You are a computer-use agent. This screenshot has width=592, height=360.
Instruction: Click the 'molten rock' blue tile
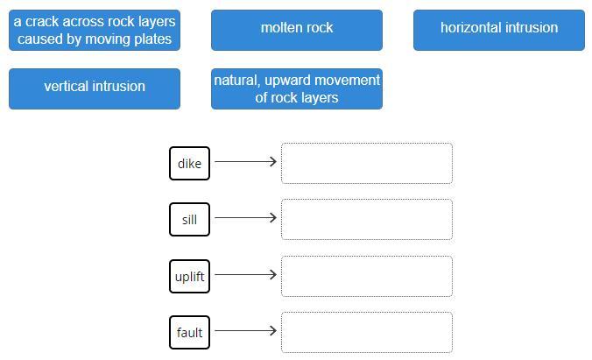click(x=296, y=30)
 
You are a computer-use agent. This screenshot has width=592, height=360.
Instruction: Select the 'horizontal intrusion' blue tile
click(x=498, y=30)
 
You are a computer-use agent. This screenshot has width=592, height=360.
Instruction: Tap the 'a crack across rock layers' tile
click(x=95, y=30)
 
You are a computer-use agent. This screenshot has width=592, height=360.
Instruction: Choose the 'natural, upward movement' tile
click(x=296, y=88)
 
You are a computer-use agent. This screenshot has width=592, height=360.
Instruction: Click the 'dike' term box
click(x=189, y=164)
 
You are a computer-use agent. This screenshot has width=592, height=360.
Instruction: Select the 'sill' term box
click(x=189, y=220)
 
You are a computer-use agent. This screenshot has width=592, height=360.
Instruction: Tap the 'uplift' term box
click(x=189, y=277)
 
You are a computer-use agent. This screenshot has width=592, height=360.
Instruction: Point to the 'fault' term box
click(x=189, y=333)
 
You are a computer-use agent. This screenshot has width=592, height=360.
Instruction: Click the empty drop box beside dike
click(x=366, y=164)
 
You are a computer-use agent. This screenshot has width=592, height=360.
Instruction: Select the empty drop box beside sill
click(x=366, y=220)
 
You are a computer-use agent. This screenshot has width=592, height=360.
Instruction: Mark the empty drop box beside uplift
click(x=366, y=277)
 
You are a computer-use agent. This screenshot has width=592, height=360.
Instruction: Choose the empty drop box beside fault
click(x=366, y=333)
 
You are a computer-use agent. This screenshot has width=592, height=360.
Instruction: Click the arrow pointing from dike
click(x=245, y=161)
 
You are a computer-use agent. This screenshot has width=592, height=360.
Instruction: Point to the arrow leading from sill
click(x=245, y=217)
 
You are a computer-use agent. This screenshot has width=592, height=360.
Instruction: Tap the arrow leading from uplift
click(x=245, y=274)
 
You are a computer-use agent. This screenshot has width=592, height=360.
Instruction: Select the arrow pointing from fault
click(x=245, y=330)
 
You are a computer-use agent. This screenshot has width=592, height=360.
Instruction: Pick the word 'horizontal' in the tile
click(x=472, y=28)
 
